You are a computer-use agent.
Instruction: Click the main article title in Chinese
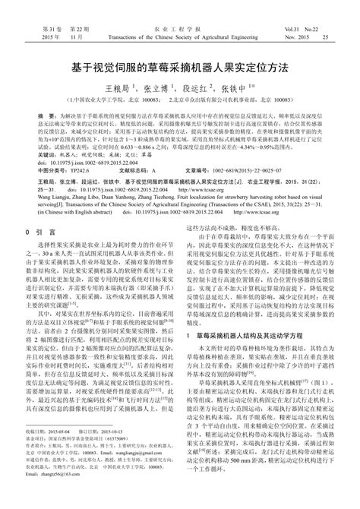pos(180,68)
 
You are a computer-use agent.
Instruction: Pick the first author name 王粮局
pos(124,88)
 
